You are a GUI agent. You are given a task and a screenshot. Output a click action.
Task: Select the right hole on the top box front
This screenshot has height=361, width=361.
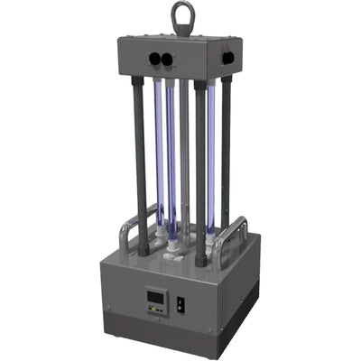(168, 59)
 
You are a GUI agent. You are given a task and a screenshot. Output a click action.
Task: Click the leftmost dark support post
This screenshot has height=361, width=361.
(140, 162)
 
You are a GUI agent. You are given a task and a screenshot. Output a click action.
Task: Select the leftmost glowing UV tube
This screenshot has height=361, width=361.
(158, 153)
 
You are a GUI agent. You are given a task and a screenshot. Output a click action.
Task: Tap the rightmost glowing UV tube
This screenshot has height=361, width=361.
(211, 153)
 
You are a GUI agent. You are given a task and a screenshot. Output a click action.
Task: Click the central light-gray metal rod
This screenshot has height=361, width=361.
(184, 153)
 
